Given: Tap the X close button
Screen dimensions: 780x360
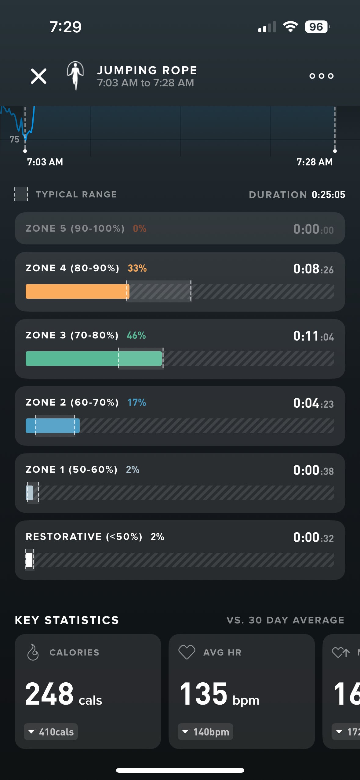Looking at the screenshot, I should pyautogui.click(x=38, y=76).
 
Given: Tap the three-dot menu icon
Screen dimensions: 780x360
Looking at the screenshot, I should pyautogui.click(x=321, y=76).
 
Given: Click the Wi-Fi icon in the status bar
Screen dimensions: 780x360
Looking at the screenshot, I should pyautogui.click(x=290, y=27).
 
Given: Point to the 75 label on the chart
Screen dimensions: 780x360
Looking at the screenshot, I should pyautogui.click(x=14, y=139).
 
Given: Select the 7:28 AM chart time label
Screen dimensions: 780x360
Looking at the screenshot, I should pyautogui.click(x=315, y=162).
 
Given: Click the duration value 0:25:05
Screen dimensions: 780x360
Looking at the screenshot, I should pyautogui.click(x=328, y=195).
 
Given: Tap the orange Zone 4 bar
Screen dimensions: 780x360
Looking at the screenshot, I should pyautogui.click(x=77, y=291).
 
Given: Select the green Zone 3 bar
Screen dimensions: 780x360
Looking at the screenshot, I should pyautogui.click(x=93, y=359).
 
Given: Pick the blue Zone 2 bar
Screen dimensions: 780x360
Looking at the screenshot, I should pyautogui.click(x=53, y=426).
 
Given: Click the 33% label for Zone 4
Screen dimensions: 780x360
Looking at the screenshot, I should pyautogui.click(x=137, y=268).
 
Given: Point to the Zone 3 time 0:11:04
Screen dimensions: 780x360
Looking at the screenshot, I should pyautogui.click(x=313, y=336).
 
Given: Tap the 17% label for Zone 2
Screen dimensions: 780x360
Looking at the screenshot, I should pyautogui.click(x=136, y=403).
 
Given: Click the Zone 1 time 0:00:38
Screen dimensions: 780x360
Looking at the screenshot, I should pyautogui.click(x=313, y=470).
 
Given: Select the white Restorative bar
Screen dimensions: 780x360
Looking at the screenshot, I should pyautogui.click(x=29, y=560).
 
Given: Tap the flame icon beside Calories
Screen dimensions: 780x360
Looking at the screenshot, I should pyautogui.click(x=33, y=652).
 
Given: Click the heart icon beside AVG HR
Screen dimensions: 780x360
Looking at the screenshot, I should pyautogui.click(x=187, y=652).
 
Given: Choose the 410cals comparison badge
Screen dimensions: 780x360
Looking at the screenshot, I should pyautogui.click(x=51, y=732).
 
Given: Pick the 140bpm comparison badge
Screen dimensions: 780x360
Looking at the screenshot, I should pyautogui.click(x=205, y=732).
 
